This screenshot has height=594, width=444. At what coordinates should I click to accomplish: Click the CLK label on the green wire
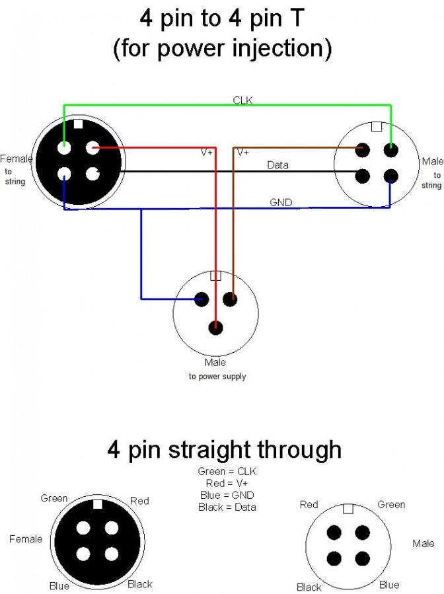pos(242,100)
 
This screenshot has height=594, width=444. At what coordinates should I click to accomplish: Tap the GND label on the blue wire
pos(281,202)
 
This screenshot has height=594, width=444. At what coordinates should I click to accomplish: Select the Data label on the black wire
pos(277,165)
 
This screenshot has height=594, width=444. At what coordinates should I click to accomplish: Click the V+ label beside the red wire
pos(207,152)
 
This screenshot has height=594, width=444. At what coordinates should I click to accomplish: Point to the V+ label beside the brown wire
pos(242,152)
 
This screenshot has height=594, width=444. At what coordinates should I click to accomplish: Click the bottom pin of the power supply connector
pos(215,327)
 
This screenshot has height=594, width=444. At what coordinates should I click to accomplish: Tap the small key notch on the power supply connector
pos(215,276)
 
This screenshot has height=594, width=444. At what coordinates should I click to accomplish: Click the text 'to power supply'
pos(217,377)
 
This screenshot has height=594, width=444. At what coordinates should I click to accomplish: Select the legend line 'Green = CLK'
pos(227,472)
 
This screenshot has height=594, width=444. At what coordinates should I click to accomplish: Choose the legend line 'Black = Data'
pos(227,507)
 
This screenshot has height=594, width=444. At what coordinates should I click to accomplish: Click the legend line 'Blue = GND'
pos(227,496)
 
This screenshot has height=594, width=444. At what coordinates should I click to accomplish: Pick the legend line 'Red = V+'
pos(227,484)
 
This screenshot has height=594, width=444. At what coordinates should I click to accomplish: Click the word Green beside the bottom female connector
pos(54,499)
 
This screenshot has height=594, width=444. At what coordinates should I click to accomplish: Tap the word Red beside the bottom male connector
pos(309,505)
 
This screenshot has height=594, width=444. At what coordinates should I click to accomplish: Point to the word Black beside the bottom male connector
pos(309,587)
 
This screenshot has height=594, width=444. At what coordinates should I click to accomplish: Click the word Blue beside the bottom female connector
pos(59,585)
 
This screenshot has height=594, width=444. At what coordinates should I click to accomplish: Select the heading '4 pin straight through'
pos(224,450)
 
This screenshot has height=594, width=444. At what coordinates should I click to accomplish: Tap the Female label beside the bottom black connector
pos(26,539)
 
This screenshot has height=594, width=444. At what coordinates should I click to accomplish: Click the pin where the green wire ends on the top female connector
pos(64,148)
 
